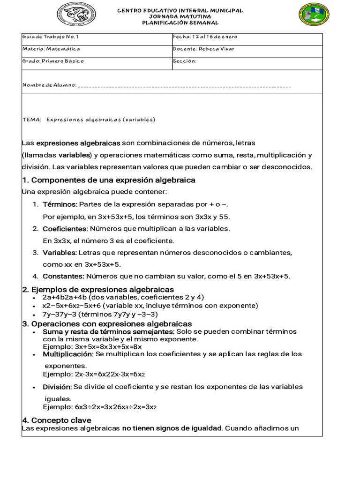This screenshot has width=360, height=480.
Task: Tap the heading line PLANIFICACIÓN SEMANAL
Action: tap(180, 22)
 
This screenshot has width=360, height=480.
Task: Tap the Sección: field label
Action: tap(184, 61)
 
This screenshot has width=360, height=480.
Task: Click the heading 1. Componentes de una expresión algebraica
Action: tap(109, 180)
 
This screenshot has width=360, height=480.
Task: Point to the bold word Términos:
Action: tap(60, 204)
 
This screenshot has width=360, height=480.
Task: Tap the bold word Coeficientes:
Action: tap(65, 229)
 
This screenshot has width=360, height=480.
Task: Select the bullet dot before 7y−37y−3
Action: tap(35, 315)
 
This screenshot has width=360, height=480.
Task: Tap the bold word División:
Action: tap(57, 387)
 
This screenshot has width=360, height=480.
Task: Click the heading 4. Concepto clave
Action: tap(57, 420)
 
